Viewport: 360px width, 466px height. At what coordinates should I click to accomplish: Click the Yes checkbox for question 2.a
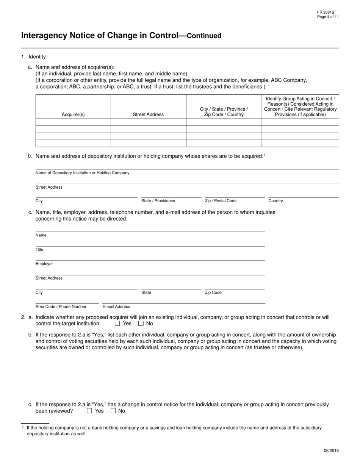[x=117, y=324]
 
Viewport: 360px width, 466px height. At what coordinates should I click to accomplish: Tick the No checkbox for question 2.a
[x=141, y=324]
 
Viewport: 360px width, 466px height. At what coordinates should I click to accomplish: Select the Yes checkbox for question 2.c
[x=89, y=411]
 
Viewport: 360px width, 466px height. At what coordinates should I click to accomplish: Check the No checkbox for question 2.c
[x=113, y=411]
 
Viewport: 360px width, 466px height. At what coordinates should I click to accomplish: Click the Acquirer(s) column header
[x=73, y=114]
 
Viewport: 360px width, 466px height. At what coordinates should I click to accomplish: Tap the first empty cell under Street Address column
[x=148, y=122]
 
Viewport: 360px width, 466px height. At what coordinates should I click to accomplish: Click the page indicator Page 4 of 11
[x=328, y=17]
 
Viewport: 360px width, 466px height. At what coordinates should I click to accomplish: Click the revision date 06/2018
[x=331, y=450]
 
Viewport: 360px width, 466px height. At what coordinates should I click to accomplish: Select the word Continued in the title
[x=204, y=36]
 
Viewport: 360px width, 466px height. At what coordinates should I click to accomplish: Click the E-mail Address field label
[x=116, y=306]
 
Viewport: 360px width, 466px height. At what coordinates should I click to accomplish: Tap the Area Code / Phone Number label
[x=61, y=306]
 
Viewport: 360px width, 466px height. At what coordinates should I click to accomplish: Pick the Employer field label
[x=44, y=264]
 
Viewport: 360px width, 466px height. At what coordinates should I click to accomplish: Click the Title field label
[x=39, y=250]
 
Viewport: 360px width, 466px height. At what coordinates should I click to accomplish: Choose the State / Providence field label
[x=158, y=201]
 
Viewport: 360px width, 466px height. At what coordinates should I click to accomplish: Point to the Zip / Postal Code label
[x=221, y=201]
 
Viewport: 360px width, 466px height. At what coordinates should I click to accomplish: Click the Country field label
[x=275, y=201]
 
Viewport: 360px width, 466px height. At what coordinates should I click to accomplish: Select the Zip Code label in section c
[x=213, y=292]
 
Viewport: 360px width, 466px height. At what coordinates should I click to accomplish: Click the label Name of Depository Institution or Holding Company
[x=82, y=173]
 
